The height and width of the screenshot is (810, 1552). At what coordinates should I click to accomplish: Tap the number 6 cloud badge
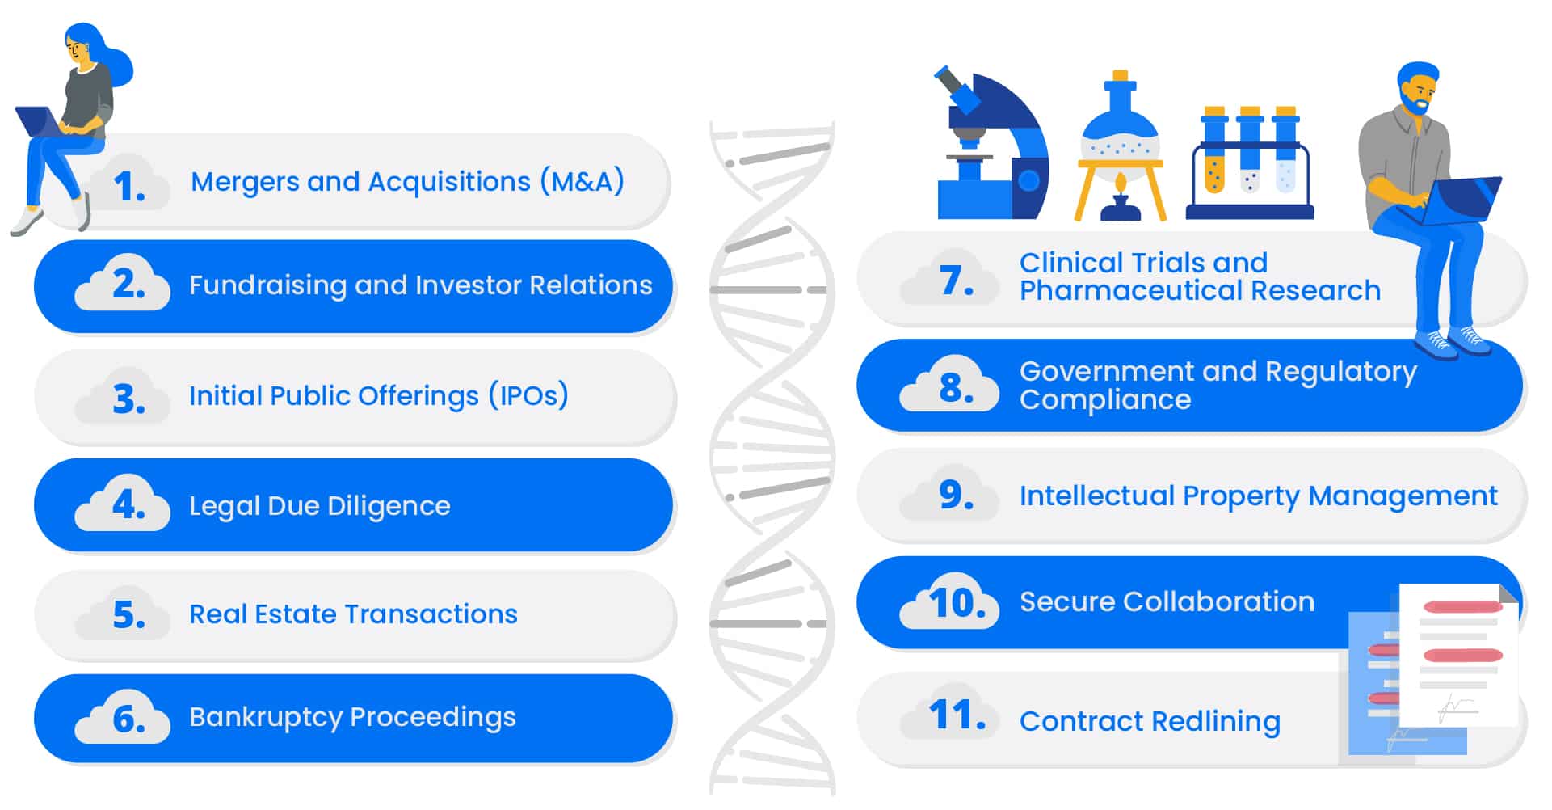[122, 717]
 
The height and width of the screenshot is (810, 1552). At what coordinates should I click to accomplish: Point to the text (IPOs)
[528, 395]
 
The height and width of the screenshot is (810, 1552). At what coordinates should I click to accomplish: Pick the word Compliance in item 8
[1105, 400]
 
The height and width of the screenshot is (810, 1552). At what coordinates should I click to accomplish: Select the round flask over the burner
[1120, 133]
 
